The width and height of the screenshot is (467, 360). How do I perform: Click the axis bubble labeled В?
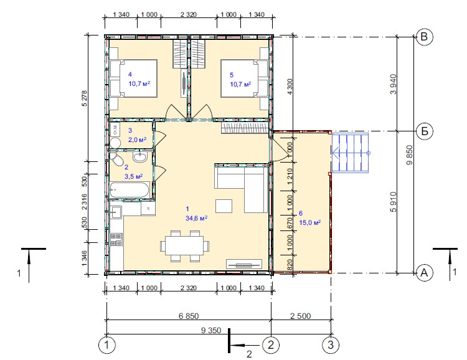point(424,37)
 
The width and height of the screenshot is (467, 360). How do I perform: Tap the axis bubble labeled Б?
point(424,131)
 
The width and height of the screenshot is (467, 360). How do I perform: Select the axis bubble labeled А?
point(424,273)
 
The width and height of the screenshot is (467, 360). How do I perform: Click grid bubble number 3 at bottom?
point(331,345)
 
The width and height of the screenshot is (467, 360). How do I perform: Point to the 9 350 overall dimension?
point(211,330)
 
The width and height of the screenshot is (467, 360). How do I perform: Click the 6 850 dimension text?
point(189,316)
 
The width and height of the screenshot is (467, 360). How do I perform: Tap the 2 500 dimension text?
point(301,316)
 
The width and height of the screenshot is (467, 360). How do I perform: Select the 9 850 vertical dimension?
point(410,154)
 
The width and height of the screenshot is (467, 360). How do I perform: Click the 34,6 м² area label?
point(197,218)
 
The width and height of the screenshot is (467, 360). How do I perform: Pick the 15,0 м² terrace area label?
point(309,222)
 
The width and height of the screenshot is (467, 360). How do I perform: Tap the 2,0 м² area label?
point(137,140)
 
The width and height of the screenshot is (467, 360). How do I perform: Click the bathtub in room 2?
point(130,189)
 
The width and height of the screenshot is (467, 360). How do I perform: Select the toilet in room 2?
point(117,159)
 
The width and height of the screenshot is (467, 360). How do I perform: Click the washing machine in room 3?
point(115,130)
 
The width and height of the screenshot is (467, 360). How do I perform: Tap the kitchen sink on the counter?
point(116,212)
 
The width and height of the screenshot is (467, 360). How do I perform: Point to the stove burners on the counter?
point(116,240)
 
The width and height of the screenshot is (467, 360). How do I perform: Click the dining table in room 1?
point(185,246)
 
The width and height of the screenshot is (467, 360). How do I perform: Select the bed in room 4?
point(133,78)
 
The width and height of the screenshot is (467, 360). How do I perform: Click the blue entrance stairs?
point(350,153)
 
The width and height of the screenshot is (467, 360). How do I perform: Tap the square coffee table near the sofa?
point(224,206)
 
